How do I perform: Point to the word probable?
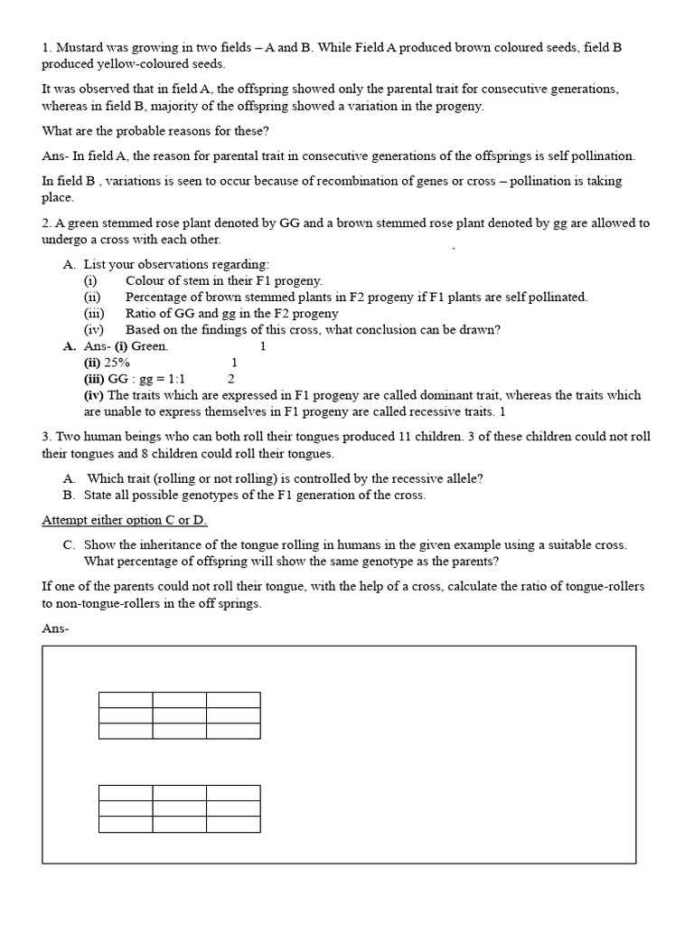pyautogui.click(x=135, y=131)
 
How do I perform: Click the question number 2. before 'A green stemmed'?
pyautogui.click(x=47, y=223)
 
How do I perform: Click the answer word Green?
pyautogui.click(x=151, y=346)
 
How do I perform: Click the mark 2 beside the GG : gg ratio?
pyautogui.click(x=231, y=379)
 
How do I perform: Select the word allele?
pyautogui.click(x=449, y=478)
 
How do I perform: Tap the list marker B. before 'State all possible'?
pyautogui.click(x=69, y=495)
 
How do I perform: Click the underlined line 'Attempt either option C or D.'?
pyautogui.click(x=125, y=521)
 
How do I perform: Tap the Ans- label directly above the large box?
pyautogui.click(x=55, y=628)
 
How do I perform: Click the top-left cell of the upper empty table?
pyautogui.click(x=126, y=700)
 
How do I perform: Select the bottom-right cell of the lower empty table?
pyautogui.click(x=233, y=824)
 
